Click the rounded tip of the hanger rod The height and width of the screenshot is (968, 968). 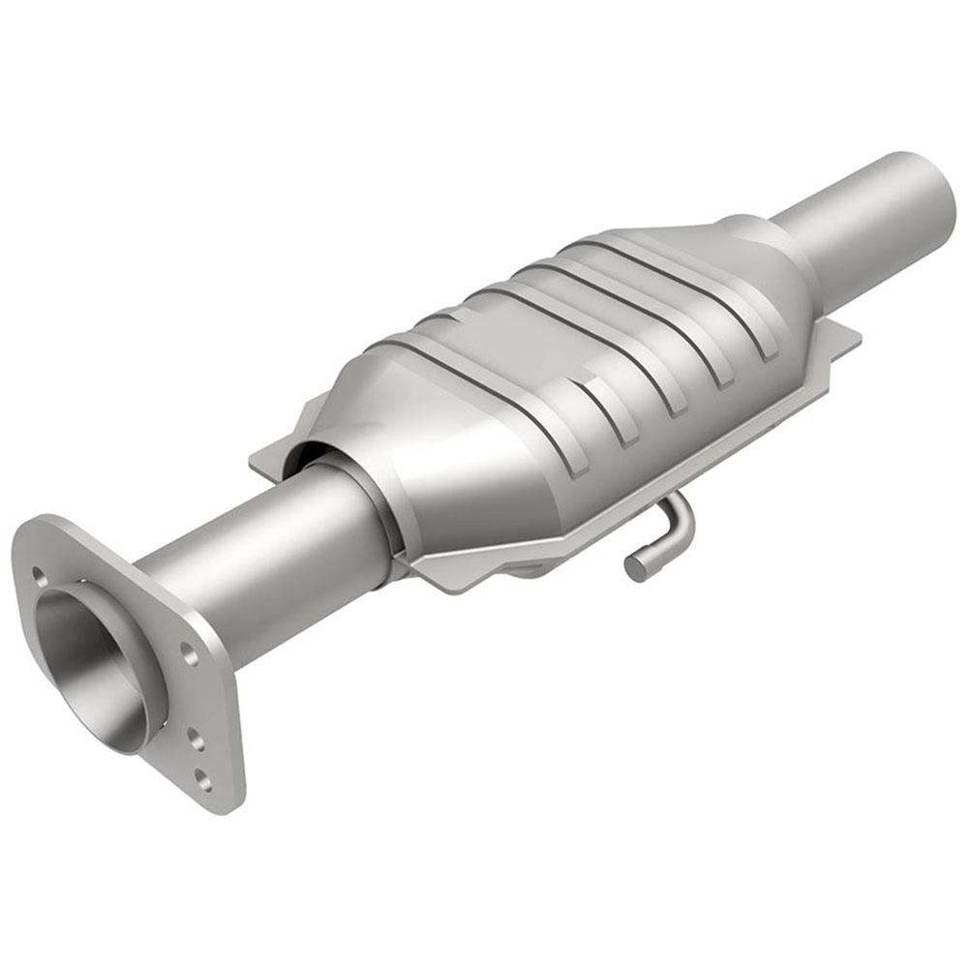tap(635, 567)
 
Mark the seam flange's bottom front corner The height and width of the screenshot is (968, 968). tap(455, 581)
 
